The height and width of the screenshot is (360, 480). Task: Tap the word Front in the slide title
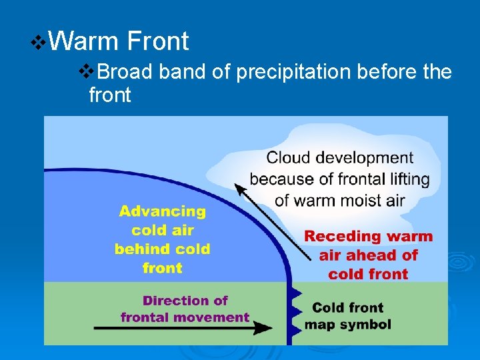tap(157, 41)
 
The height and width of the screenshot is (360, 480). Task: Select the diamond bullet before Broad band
tap(84, 71)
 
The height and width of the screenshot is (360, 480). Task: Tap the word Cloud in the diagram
tap(289, 158)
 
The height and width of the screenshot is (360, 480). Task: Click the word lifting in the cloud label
tap(405, 179)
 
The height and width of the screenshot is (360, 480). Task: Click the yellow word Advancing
tap(163, 212)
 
